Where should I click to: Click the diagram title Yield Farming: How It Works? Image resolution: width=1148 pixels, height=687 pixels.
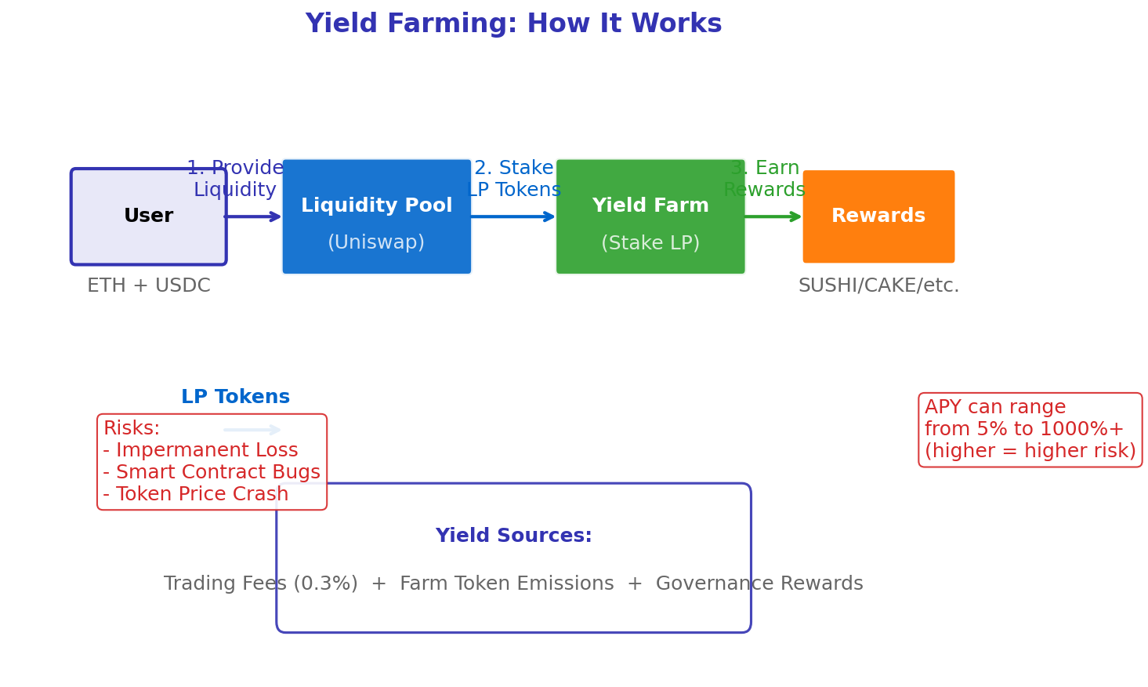pos(513,24)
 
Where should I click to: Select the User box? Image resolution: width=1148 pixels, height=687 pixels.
pos(148,216)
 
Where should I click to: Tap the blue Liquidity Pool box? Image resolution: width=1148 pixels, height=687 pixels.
pos(376,216)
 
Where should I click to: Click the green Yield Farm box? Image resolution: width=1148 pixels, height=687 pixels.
pos(650,216)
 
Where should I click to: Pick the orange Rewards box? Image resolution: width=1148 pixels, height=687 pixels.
pos(878,216)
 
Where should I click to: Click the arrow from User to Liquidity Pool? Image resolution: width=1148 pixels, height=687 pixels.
pos(253,216)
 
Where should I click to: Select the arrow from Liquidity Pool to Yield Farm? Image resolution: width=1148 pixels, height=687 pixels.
pos(513,216)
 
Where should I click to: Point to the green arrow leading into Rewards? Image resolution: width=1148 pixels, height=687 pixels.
pos(773,216)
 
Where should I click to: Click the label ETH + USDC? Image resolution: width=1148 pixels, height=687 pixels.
pos(148,286)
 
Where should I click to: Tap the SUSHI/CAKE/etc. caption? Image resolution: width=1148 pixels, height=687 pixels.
pos(878,286)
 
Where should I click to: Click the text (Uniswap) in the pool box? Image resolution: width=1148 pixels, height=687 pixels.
pos(376,243)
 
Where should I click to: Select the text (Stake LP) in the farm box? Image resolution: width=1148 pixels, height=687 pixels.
pos(650,244)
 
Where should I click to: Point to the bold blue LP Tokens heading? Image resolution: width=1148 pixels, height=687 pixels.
pos(235,398)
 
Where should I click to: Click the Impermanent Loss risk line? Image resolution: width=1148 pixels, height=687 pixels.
pos(201,451)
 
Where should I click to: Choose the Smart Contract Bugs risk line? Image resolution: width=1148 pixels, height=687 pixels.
pos(212,473)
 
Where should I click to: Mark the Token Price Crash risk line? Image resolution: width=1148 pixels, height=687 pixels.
pos(196,495)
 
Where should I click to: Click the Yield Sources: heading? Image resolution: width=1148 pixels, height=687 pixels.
pos(513,536)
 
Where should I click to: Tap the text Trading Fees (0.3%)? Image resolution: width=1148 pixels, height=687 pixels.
pos(260,584)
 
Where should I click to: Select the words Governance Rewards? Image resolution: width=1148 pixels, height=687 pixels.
pos(759,584)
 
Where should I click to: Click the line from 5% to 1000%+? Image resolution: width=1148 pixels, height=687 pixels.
pos(1023,430)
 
